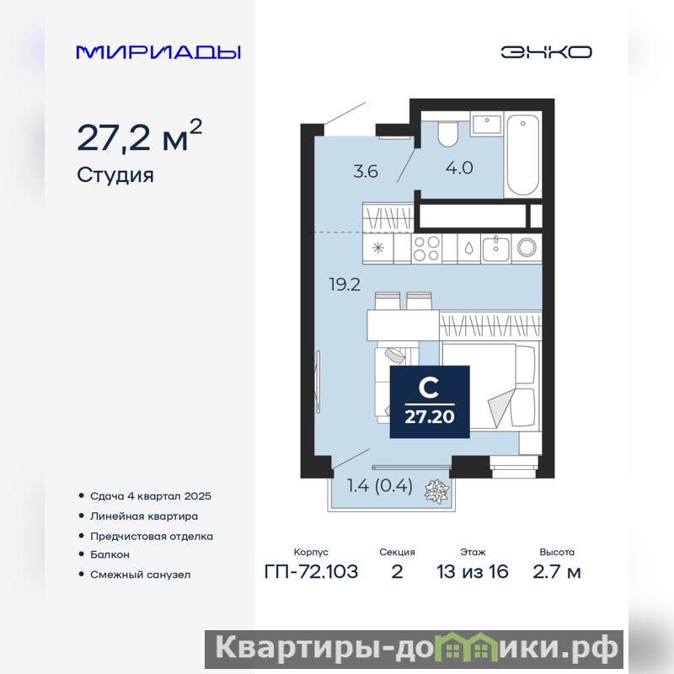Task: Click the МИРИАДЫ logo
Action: [x=158, y=52]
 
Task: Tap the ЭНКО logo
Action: [x=546, y=52]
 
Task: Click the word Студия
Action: [x=115, y=175]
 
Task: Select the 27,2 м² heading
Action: [x=139, y=136]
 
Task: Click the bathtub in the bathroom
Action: [x=522, y=155]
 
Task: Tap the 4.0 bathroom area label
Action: [x=459, y=168]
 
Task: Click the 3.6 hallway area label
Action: [x=366, y=172]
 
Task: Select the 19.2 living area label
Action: [x=345, y=285]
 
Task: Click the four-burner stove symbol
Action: [x=426, y=249]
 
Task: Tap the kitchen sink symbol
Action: [x=495, y=249]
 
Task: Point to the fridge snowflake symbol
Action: [x=377, y=248]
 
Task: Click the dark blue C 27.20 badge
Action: [x=430, y=402]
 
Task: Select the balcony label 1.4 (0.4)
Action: [x=380, y=486]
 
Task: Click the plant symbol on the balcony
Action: [x=436, y=491]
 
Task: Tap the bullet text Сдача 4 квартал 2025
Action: [x=151, y=496]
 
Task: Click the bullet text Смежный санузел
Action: [x=140, y=575]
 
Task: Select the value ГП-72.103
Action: [x=311, y=572]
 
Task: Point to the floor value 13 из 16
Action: [x=473, y=572]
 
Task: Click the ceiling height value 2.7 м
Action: [x=557, y=572]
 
